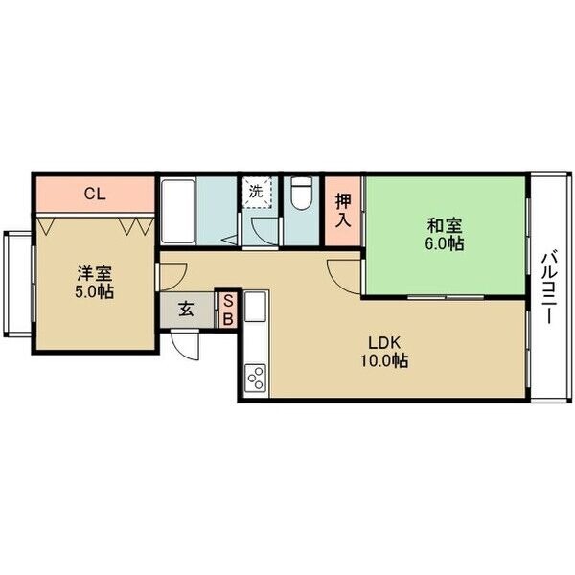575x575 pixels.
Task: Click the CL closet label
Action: click(x=95, y=194)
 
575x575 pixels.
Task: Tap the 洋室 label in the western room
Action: click(x=95, y=273)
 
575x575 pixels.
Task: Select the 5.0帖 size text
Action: click(x=95, y=292)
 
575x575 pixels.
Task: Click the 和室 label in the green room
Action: click(x=445, y=225)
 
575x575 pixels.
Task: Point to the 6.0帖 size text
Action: click(x=445, y=243)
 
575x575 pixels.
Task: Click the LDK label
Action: click(x=384, y=343)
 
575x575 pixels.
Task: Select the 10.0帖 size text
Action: click(x=384, y=361)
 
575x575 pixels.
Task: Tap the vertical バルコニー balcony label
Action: click(x=548, y=287)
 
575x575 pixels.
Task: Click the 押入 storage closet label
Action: click(x=344, y=211)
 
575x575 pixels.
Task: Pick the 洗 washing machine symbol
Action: click(x=257, y=193)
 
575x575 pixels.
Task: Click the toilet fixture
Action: click(x=302, y=194)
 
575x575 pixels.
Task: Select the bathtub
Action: click(x=178, y=211)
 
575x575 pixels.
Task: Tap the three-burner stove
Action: click(x=255, y=377)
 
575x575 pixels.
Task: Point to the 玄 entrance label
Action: click(x=186, y=310)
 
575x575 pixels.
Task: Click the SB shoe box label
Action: click(x=228, y=310)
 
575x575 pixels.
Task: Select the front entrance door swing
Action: click(x=186, y=345)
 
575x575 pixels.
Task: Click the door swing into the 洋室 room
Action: click(x=172, y=276)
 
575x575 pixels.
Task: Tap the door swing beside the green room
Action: click(x=344, y=277)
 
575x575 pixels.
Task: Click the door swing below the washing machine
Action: click(x=265, y=231)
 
